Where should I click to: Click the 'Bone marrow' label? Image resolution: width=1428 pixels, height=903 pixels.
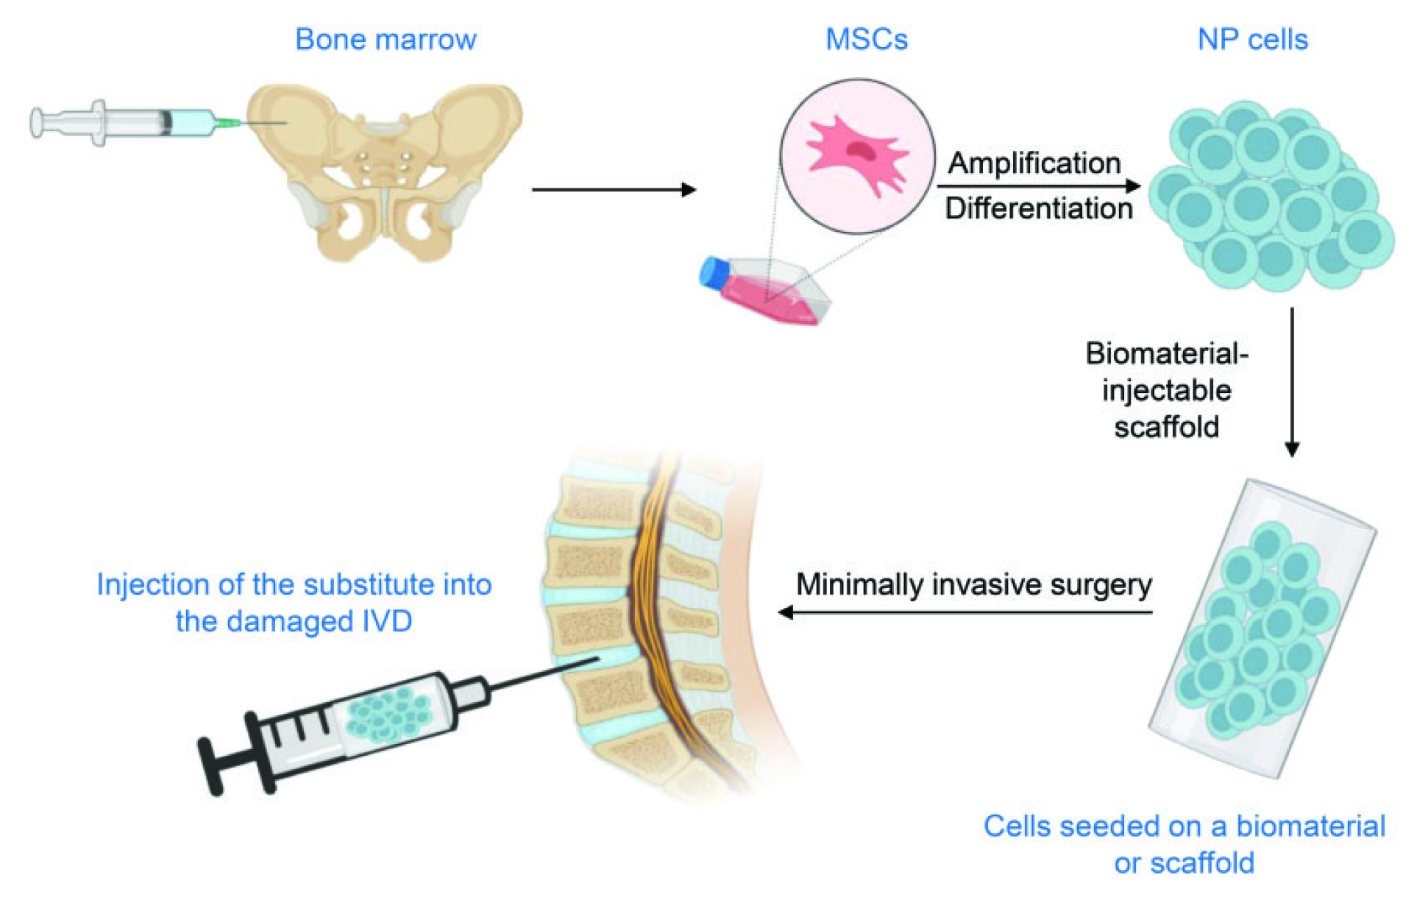[x=386, y=39]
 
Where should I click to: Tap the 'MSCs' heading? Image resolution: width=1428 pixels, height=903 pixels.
[x=867, y=39]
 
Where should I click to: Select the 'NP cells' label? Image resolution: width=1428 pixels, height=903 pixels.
[x=1253, y=39]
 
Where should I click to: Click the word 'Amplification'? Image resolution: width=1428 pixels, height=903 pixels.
[x=1034, y=163]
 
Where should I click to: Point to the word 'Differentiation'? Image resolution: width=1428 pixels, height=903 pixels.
[x=1039, y=208]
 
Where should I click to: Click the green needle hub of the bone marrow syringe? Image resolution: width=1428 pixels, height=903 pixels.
[x=227, y=123]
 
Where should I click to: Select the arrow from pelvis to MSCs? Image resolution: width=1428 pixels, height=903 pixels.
[x=614, y=190]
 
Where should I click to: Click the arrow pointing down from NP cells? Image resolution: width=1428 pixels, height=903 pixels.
[x=1292, y=382]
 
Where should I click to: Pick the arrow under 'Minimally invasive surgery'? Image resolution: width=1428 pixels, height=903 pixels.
[x=965, y=612]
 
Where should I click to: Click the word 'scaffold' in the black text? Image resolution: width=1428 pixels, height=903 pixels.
[x=1166, y=427]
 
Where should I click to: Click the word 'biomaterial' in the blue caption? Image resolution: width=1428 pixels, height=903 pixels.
[x=1310, y=826]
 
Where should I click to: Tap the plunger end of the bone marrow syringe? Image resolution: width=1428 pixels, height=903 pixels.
[x=35, y=123]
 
